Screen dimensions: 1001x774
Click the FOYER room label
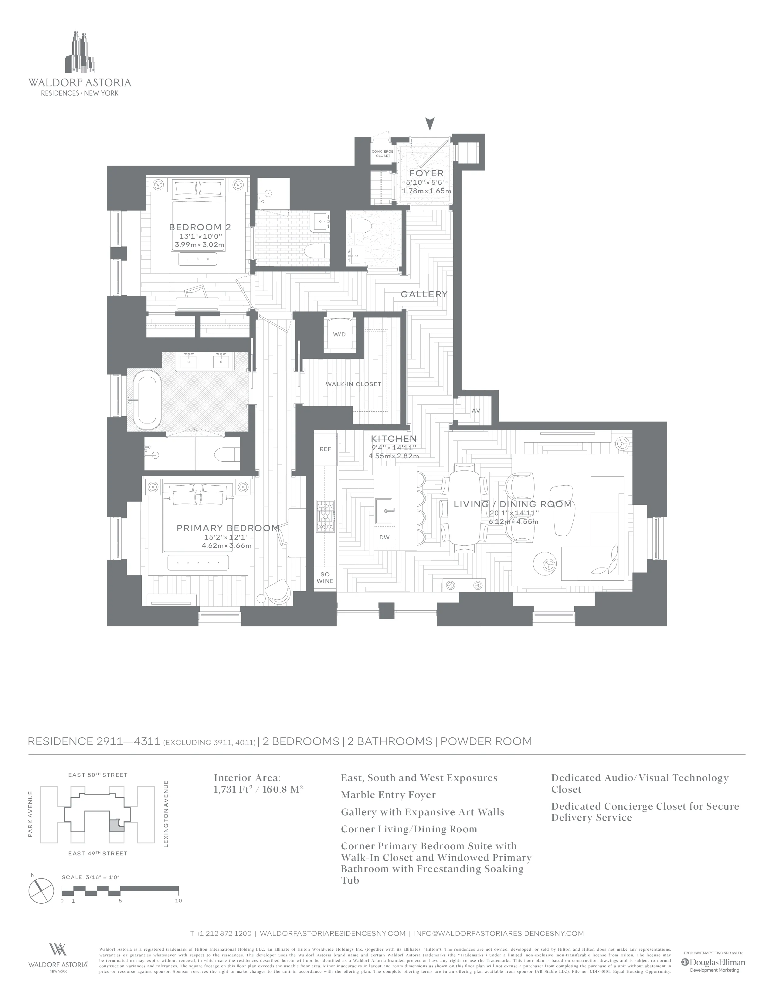pyautogui.click(x=426, y=173)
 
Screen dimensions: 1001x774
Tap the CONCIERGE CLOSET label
pyautogui.click(x=382, y=153)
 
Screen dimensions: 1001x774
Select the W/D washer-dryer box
pyautogui.click(x=339, y=335)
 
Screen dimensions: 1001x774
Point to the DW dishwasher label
pyautogui.click(x=384, y=537)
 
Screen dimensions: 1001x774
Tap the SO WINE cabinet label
pyautogui.click(x=325, y=578)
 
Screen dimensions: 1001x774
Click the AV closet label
pyautogui.click(x=476, y=411)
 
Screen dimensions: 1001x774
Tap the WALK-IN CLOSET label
pyautogui.click(x=353, y=384)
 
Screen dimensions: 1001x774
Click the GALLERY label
pyautogui.click(x=424, y=294)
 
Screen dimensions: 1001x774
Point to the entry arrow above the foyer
pyautogui.click(x=429, y=124)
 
